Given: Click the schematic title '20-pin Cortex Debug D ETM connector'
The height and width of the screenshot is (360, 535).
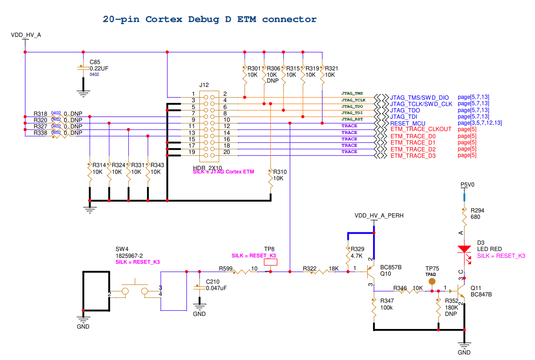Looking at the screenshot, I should pos(209,19).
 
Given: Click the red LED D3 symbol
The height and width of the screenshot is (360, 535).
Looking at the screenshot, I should pos(465,249).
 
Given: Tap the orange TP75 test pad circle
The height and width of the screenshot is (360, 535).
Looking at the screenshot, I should pos(432,281).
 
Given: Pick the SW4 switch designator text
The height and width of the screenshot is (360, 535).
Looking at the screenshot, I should pos(122,249).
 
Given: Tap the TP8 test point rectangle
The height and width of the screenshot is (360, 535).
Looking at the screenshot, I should pos(270,262).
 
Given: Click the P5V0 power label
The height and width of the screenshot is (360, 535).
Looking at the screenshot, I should pos(467,185).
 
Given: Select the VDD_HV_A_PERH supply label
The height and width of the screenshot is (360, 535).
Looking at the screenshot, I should pos(379,215).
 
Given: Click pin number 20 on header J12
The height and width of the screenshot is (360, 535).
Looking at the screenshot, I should pos(226,152).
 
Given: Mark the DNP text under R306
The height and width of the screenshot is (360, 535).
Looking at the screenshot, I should pos(273,81).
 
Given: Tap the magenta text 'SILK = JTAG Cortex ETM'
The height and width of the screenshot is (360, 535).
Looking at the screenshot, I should pos(223,172).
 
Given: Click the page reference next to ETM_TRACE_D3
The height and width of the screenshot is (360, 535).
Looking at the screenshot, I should pos(467,155).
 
